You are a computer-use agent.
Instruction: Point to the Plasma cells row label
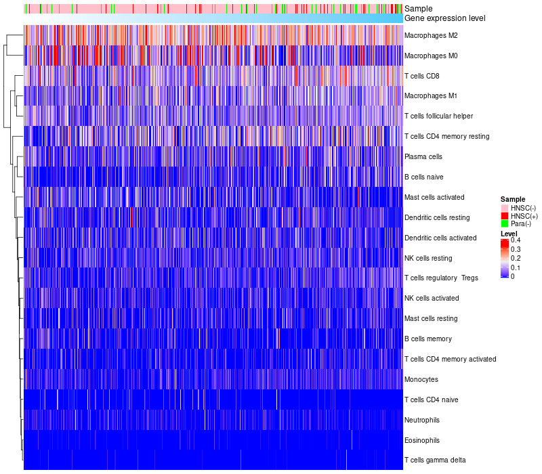coord(423,156)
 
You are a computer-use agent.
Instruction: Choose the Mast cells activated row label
coord(434,197)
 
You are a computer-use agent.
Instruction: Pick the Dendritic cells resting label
coord(436,217)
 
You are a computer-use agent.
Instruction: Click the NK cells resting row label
coord(428,258)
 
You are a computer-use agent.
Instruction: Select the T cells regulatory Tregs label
coord(441,278)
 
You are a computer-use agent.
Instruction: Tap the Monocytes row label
coord(421,379)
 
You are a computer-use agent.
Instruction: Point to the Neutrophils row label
coord(422,420)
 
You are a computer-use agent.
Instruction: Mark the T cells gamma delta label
coord(434,460)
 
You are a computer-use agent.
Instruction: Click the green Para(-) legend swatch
coord(505,223)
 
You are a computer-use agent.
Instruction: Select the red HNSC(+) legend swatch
coord(505,215)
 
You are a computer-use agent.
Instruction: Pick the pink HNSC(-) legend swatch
coord(505,207)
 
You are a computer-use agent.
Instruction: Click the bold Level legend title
coord(509,233)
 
